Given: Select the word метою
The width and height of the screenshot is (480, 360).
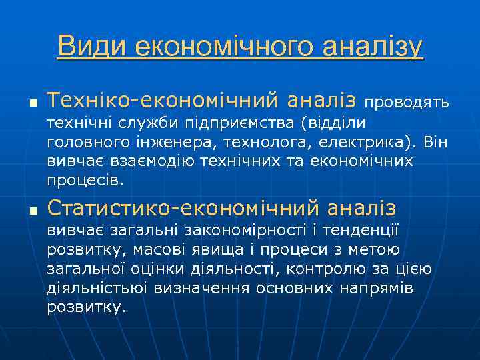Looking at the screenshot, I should click(370, 250).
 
